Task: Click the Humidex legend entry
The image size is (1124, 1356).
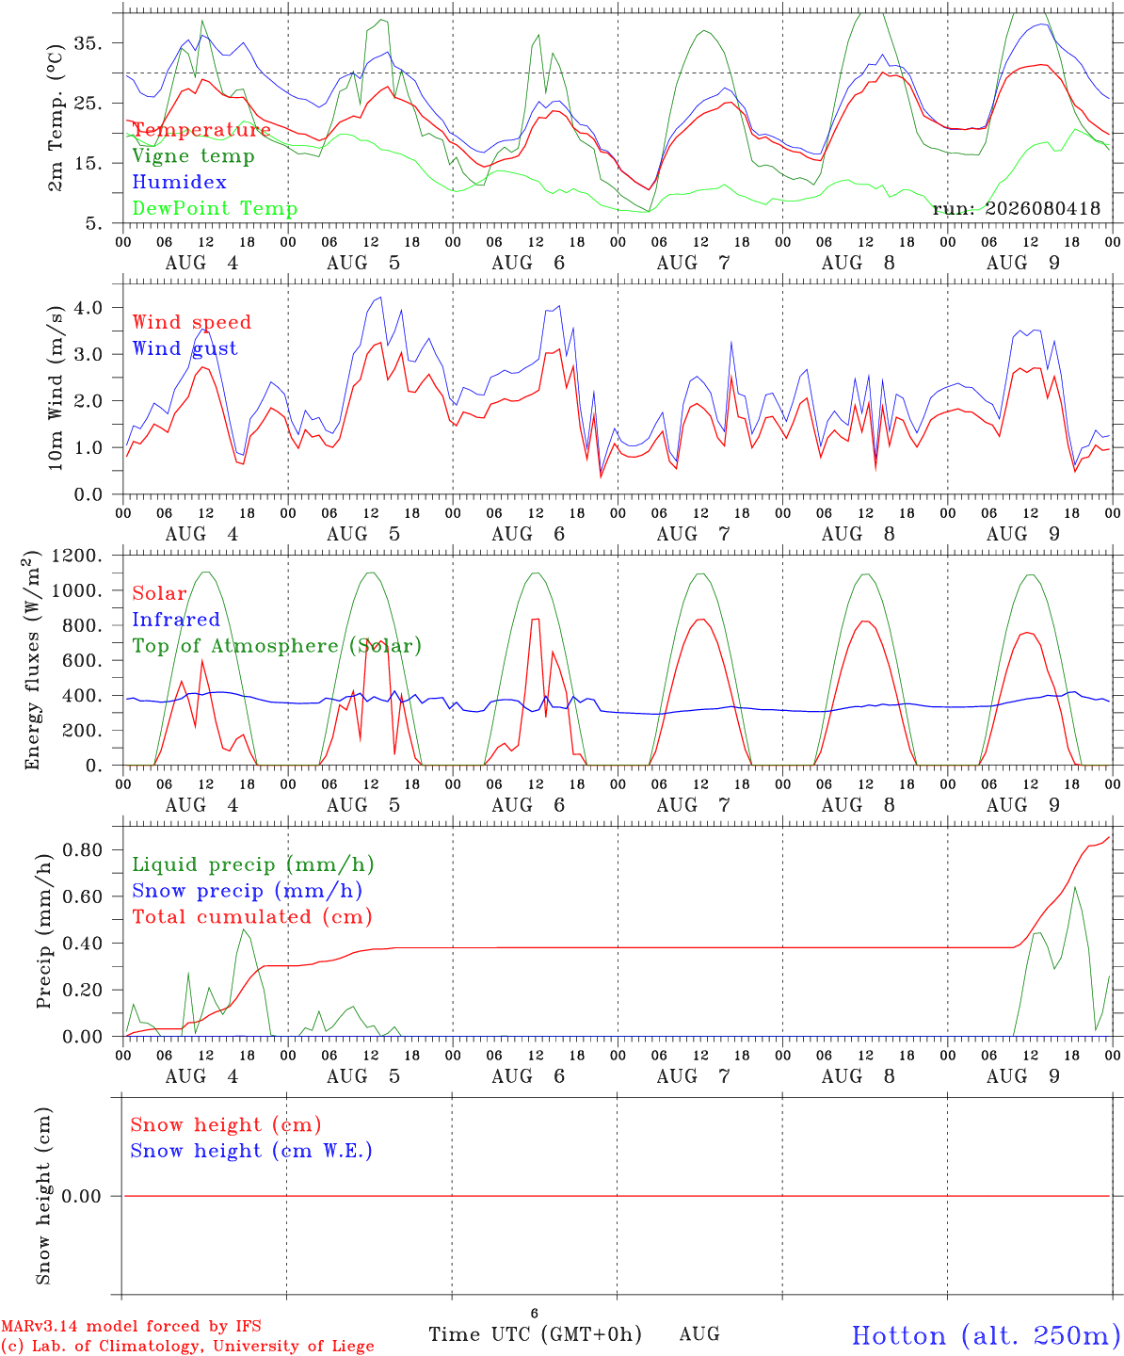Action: (x=179, y=182)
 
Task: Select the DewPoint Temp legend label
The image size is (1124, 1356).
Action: (x=215, y=208)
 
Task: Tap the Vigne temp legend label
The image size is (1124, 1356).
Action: (x=194, y=156)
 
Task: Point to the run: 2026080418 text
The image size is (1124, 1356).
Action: (x=1016, y=208)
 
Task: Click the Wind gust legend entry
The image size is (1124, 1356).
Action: (x=185, y=348)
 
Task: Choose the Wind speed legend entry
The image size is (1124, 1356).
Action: (x=191, y=322)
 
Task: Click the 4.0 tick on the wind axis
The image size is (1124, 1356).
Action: (x=88, y=307)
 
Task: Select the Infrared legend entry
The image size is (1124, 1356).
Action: (x=176, y=620)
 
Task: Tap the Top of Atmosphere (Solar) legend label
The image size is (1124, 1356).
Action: (x=278, y=646)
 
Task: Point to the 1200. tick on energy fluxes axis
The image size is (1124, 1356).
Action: (x=77, y=556)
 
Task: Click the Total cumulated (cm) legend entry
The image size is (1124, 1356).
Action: (x=252, y=917)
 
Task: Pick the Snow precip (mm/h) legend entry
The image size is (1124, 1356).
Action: (x=248, y=891)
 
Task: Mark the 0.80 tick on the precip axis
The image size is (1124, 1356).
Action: (x=83, y=850)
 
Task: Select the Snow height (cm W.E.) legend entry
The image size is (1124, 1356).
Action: (x=251, y=1151)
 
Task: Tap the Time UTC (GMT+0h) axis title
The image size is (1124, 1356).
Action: (x=535, y=1334)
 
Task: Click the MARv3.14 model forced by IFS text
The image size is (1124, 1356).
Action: (x=131, y=1326)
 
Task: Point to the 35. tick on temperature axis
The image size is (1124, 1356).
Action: (x=88, y=43)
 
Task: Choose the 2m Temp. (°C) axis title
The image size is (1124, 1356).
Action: (x=56, y=118)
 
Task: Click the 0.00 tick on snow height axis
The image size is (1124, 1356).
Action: (x=82, y=1196)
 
